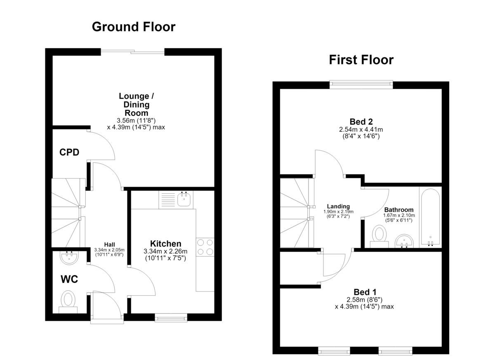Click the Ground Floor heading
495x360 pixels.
134,27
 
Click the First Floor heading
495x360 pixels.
361,60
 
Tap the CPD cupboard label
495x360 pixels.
69,152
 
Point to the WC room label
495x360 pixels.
69,279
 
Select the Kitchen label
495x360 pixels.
165,244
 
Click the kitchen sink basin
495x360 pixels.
184,199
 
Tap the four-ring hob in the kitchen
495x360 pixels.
205,247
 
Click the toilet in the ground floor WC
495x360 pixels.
68,302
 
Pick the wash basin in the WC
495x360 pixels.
69,258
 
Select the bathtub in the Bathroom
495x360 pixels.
430,217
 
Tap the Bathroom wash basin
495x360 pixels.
404,241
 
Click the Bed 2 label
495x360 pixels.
361,122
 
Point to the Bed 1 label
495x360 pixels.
365,292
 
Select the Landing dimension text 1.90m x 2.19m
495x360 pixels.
338,212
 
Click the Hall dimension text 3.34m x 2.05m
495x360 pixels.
109,250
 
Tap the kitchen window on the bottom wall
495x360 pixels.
171,318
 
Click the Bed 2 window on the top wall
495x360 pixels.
361,84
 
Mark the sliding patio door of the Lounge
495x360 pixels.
132,52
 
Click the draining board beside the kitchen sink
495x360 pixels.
168,200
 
